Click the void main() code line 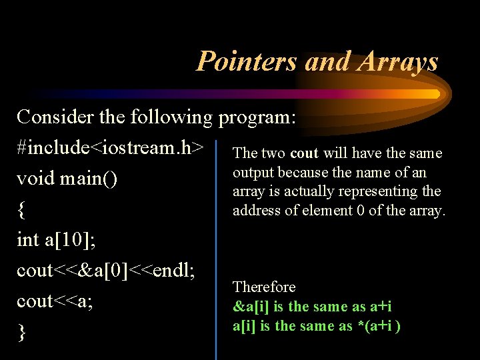[x=68, y=179]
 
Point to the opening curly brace [x=22, y=210]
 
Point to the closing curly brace [x=22, y=333]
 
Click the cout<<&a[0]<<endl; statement [x=105, y=270]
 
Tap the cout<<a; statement [x=55, y=301]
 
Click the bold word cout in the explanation [x=304, y=153]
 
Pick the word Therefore [x=264, y=287]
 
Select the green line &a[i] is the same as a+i [x=312, y=307]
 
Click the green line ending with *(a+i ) [x=316, y=326]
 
